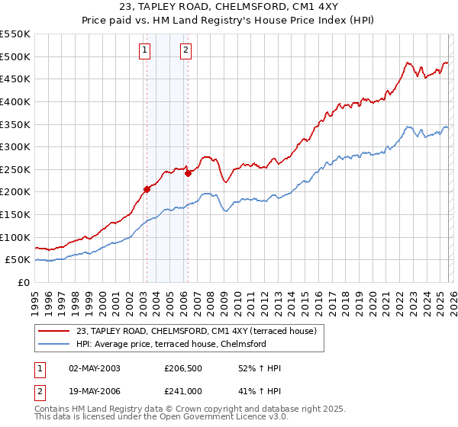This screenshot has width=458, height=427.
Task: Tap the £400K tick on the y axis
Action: pos(15,101)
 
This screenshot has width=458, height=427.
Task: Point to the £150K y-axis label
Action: pos(15,214)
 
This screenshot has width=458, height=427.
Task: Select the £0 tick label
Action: pos(23,282)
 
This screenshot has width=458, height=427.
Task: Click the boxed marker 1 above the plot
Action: pos(145,51)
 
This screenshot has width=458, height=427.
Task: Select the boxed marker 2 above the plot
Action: pos(185,51)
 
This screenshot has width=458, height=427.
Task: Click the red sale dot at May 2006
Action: pos(188,173)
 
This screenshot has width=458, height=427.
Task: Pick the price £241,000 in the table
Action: pos(182,391)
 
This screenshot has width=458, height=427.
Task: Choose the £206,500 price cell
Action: pos(182,368)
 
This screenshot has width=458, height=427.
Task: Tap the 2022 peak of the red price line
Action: pos(408,63)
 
